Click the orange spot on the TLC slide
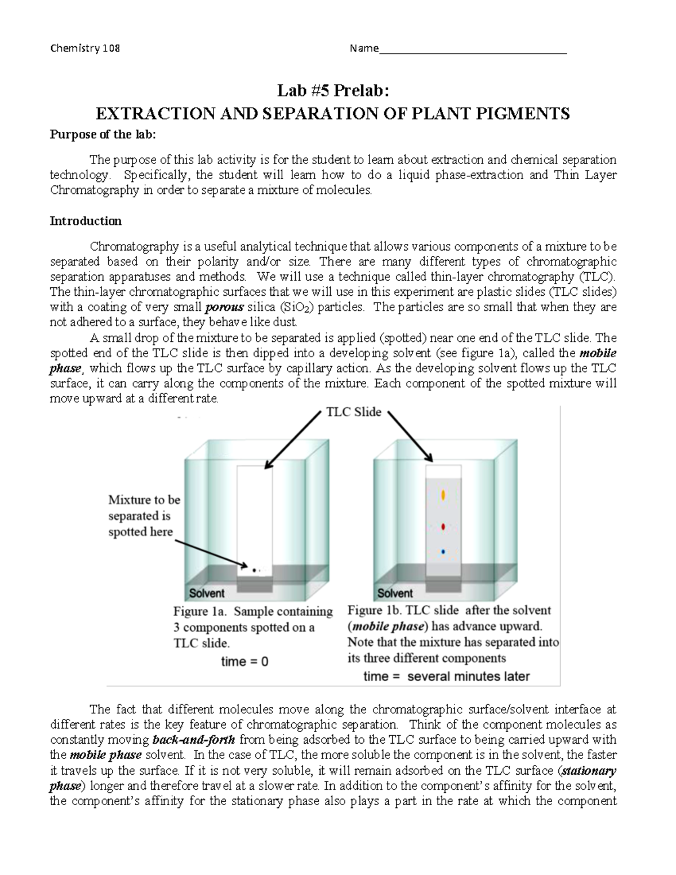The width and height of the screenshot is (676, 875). (x=443, y=495)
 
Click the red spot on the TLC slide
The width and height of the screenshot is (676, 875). (x=443, y=527)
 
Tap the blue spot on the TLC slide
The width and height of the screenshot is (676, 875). (x=443, y=552)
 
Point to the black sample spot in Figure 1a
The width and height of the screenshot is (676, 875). (x=254, y=570)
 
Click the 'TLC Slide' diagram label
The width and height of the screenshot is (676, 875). (x=354, y=412)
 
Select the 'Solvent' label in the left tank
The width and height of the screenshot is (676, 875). (x=207, y=593)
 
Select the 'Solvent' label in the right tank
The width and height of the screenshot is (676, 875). (x=395, y=593)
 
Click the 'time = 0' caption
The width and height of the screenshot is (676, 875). (x=244, y=661)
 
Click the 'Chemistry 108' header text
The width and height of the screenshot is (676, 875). (x=85, y=48)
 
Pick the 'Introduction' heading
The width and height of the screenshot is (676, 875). (x=86, y=221)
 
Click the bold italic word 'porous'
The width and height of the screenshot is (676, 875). (x=225, y=308)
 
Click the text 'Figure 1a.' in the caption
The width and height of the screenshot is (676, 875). (x=199, y=611)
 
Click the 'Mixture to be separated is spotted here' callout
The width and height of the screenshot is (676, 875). (x=144, y=516)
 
